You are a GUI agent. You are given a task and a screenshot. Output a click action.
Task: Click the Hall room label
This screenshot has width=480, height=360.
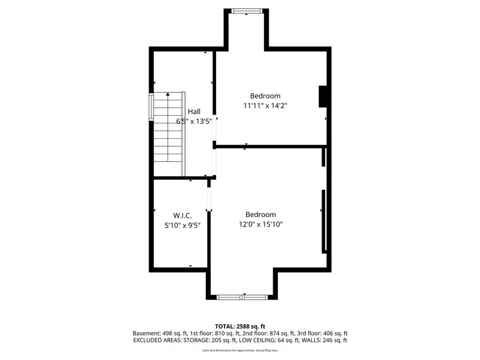pos(194,111)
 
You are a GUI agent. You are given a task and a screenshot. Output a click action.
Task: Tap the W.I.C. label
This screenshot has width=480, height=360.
pos(182,215)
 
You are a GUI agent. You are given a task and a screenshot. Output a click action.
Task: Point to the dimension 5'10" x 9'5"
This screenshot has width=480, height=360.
pos(182,225)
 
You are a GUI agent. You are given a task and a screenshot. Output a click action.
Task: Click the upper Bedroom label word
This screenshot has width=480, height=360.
pos(265,96)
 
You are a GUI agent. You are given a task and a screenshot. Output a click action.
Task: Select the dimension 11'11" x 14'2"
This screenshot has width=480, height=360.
pos(265,106)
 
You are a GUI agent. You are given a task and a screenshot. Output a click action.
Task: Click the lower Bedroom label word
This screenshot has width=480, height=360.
pos(260,214)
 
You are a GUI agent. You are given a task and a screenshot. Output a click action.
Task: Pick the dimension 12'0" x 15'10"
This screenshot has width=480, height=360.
pos(260,225)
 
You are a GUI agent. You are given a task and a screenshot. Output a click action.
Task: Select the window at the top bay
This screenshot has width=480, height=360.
pos(247,10)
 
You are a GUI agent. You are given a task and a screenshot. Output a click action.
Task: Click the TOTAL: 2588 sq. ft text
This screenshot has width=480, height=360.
pos(240,326)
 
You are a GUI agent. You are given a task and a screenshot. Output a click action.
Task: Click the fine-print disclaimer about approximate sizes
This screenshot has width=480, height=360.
pos(240,350)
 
